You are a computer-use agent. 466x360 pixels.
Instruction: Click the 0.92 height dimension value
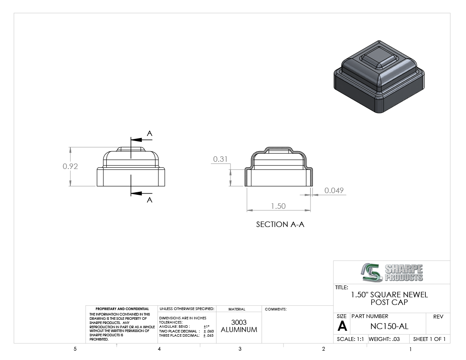[70, 166]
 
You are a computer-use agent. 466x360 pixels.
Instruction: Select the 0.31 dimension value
[220, 159]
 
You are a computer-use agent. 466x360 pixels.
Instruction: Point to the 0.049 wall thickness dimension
[334, 191]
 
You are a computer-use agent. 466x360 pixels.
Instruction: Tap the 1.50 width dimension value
[278, 206]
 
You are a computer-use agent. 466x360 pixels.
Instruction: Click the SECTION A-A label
[280, 224]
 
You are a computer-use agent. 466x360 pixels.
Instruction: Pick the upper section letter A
[150, 134]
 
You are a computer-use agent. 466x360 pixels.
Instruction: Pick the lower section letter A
[150, 200]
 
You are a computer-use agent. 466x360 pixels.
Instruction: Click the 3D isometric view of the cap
[379, 77]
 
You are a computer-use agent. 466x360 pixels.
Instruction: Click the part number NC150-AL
[389, 327]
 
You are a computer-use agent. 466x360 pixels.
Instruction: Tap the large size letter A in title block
[342, 327]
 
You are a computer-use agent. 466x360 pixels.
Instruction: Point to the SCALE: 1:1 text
[350, 339]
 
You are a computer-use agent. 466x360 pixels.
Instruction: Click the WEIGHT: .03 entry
[384, 339]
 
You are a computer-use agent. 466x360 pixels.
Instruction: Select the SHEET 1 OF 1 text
[429, 339]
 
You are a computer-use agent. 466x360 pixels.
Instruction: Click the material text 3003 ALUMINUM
[239, 326]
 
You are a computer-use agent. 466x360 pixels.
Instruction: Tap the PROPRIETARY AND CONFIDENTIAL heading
[122, 309]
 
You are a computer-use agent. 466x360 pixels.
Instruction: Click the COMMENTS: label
[276, 309]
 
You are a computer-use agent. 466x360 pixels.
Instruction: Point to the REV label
[438, 317]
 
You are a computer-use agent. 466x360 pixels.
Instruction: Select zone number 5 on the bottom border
[75, 349]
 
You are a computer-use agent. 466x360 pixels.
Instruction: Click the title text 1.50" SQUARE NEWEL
[389, 295]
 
